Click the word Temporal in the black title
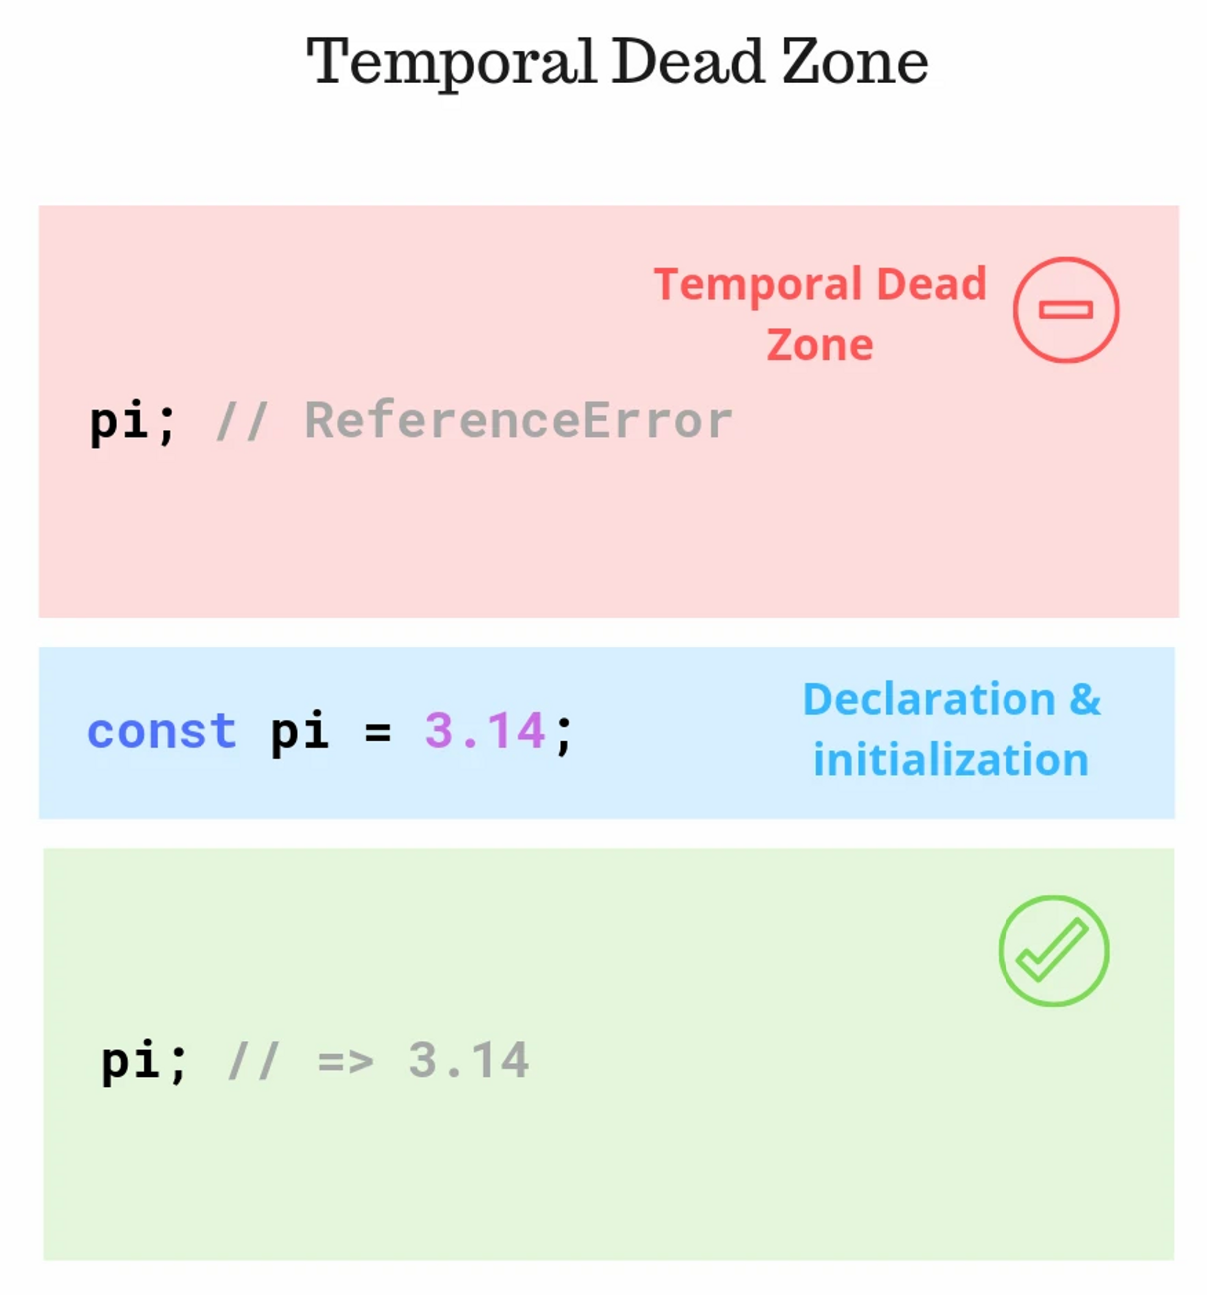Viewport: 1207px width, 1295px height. coord(451,62)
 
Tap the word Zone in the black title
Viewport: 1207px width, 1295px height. coord(855,62)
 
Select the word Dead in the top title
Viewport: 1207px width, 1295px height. coord(688,62)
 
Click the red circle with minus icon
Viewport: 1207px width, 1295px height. coord(1066,310)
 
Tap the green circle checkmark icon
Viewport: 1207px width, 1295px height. coord(1053,951)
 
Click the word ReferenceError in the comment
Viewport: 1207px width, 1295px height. coord(519,420)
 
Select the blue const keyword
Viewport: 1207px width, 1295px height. coord(162,731)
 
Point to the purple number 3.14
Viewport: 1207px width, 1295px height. coord(485,731)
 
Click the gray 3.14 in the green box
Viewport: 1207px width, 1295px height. coord(468,1060)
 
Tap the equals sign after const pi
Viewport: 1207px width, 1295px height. coord(377,733)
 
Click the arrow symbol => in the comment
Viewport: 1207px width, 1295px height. coord(346,1061)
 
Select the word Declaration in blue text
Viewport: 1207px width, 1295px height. coord(929,699)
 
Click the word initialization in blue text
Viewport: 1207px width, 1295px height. coord(951,760)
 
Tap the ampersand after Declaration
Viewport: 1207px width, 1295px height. coord(1085,699)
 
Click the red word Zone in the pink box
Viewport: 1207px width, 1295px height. coord(820,345)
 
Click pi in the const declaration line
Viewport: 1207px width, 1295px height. coord(299,733)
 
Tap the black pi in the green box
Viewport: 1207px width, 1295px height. coord(130,1061)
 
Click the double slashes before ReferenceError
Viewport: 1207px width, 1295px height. coord(242,420)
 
